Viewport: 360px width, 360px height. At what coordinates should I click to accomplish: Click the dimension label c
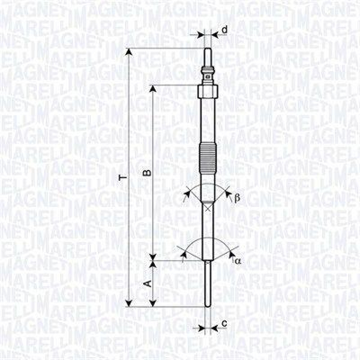click(x=224, y=323)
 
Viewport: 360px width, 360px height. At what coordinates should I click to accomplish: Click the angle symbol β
click(x=237, y=198)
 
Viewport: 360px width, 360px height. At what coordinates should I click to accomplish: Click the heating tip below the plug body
click(x=207, y=283)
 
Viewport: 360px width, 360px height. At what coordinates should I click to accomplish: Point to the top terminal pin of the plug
click(x=207, y=57)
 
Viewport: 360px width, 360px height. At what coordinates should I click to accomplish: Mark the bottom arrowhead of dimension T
click(x=129, y=303)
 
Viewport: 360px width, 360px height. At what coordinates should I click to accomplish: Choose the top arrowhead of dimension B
click(x=153, y=89)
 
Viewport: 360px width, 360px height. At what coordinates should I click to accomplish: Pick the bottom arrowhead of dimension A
click(x=153, y=304)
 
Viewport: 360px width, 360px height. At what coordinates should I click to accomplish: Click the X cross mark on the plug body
click(x=207, y=207)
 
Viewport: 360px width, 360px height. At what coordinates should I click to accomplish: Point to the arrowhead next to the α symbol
click(x=231, y=256)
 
